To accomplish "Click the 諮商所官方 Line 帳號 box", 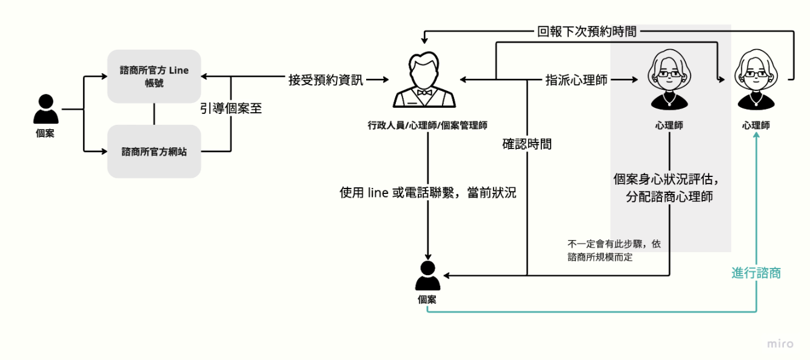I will [154, 76].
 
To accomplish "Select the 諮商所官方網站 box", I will [154, 152].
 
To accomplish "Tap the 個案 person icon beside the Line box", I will [45, 110].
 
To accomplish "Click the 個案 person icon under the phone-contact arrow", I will [427, 276].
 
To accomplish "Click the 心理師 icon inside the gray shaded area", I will [669, 79].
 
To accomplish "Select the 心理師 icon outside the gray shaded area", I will [756, 79].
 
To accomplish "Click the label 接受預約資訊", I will [326, 79].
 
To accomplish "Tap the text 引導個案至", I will [231, 109].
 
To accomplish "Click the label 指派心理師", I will [576, 79].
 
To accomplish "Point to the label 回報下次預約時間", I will [587, 32].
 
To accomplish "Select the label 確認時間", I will [527, 144].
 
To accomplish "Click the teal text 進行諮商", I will [756, 273].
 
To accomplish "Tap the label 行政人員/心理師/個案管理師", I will [427, 125].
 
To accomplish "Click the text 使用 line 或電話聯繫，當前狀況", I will [428, 193].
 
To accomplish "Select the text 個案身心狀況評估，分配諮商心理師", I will [669, 188].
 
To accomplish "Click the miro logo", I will [780, 344].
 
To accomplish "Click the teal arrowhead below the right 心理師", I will [756, 137].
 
